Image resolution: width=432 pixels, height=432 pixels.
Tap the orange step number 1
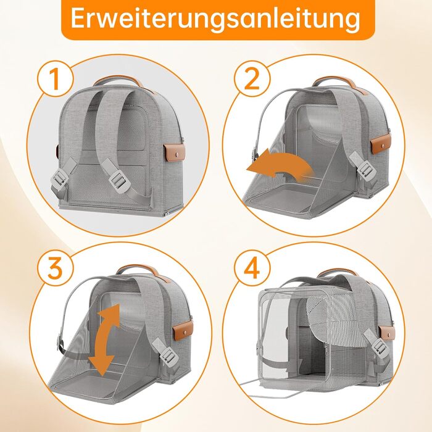coord(54,79)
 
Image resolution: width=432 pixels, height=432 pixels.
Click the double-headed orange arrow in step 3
coord(106,340)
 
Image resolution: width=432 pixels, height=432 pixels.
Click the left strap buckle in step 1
coord(59,178)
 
